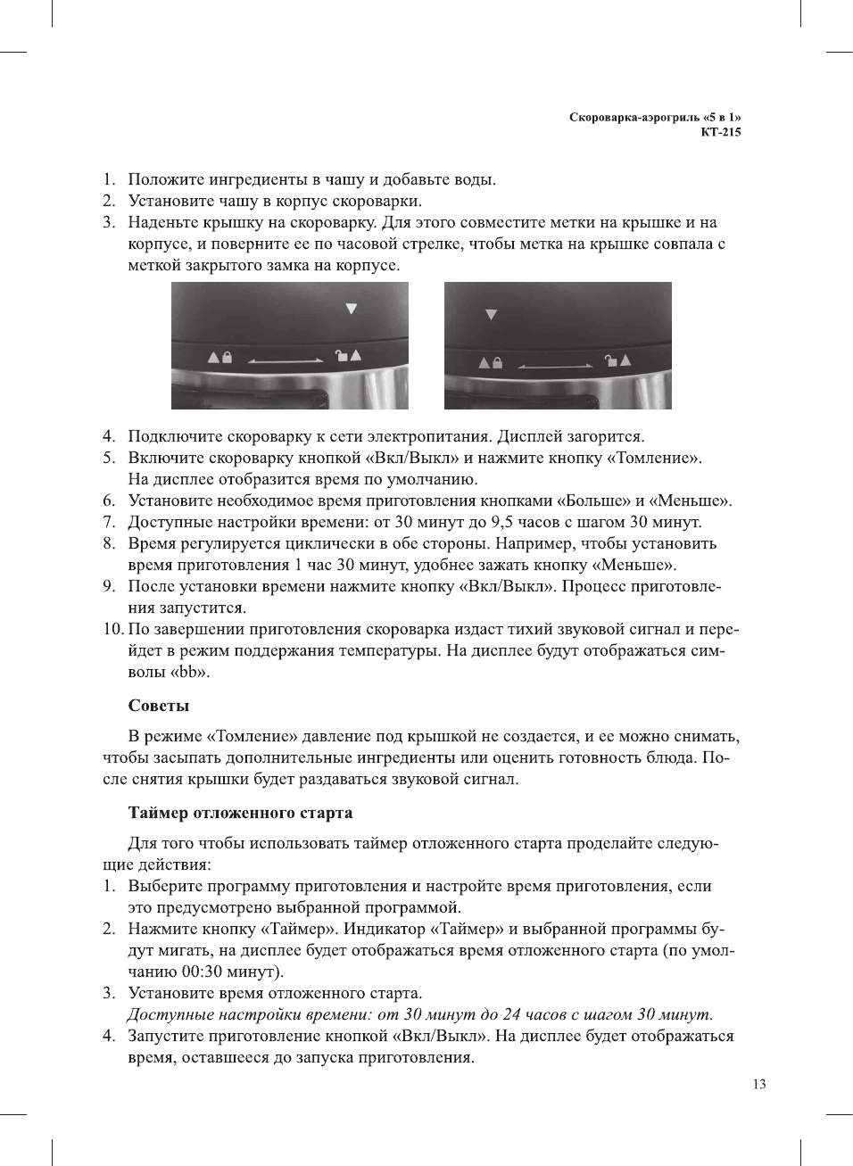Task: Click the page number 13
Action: pos(758,1084)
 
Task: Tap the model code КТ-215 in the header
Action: pos(720,132)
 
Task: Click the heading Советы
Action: pos(159,706)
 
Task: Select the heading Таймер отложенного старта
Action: pos(240,813)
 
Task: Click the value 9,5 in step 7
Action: pos(502,522)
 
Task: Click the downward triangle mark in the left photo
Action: pos(352,309)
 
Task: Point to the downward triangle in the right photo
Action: pos(491,315)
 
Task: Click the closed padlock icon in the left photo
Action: pos(227,357)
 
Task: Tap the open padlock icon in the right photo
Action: pos(611,360)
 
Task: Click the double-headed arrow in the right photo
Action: pos(555,366)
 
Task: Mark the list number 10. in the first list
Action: pos(113,629)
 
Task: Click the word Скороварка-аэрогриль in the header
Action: pos(634,117)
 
